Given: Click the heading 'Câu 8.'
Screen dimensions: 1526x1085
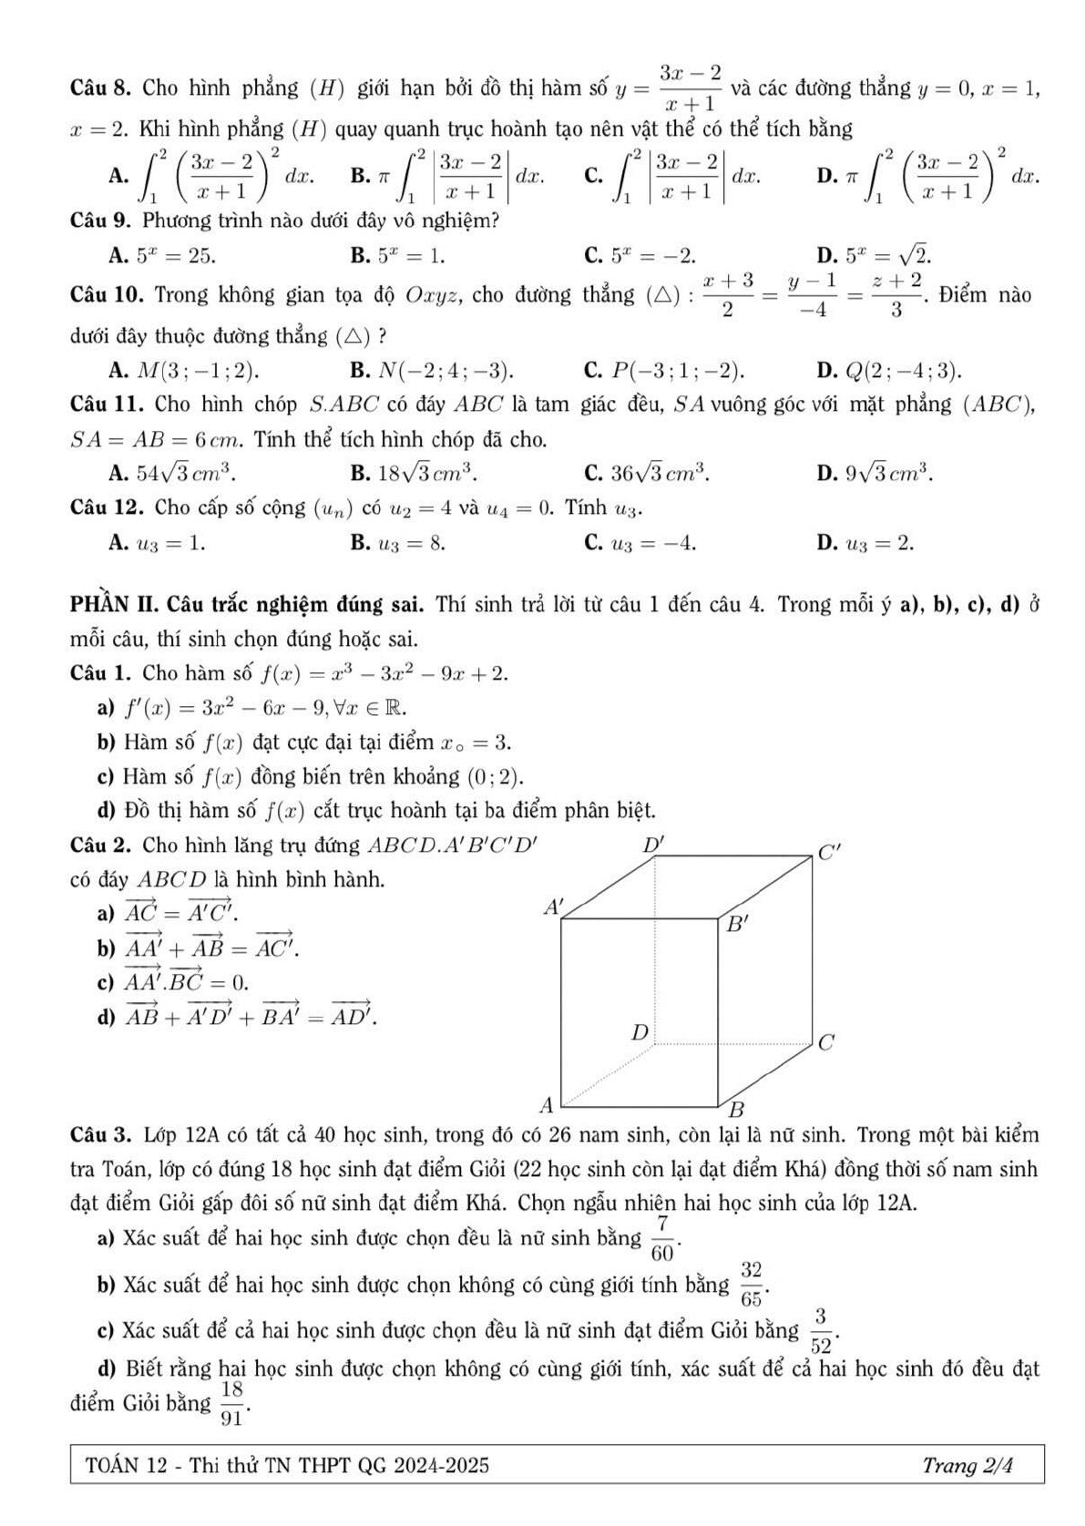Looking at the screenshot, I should coord(102,89).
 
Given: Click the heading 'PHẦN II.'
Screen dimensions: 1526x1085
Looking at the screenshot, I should coord(116,605).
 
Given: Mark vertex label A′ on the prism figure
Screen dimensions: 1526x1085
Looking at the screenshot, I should coord(553,906).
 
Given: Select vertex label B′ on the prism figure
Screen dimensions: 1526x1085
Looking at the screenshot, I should coord(736,926).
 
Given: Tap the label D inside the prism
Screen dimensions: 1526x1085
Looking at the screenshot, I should coord(640,1032).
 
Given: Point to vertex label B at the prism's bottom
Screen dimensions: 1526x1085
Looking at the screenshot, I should coord(739,1110).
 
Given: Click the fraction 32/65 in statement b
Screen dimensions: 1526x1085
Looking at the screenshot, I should coord(751,1284).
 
